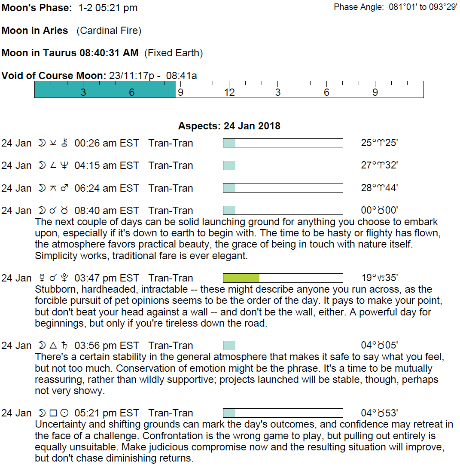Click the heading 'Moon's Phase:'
(x=37, y=8)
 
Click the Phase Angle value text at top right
(x=423, y=8)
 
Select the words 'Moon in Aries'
(x=35, y=31)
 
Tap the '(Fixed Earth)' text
(x=174, y=53)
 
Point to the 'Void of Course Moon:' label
(x=54, y=76)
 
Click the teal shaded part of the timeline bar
(x=105, y=89)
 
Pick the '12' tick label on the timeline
(x=230, y=92)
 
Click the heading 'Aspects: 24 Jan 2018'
(x=229, y=126)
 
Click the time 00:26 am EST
(x=107, y=143)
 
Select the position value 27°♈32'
(x=379, y=165)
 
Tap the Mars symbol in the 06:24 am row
(x=64, y=188)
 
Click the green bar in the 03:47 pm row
(x=241, y=278)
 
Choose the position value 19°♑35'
(x=379, y=278)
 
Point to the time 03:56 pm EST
(x=107, y=346)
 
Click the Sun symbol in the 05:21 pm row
(x=64, y=413)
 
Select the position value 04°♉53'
(x=379, y=413)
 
